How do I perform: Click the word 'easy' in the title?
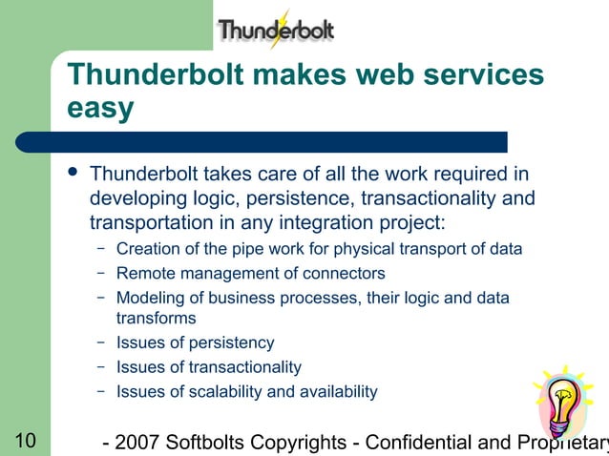tap(100, 109)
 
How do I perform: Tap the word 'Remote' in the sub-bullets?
tap(143, 274)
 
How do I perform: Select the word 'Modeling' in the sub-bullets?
tap(148, 298)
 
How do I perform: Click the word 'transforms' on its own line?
tap(156, 319)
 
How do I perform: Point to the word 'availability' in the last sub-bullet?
tap(339, 391)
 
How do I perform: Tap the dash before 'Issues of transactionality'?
tap(100, 366)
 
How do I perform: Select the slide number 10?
tap(25, 441)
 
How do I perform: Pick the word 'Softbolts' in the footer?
tap(207, 443)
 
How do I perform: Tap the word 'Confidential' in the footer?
tap(418, 443)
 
